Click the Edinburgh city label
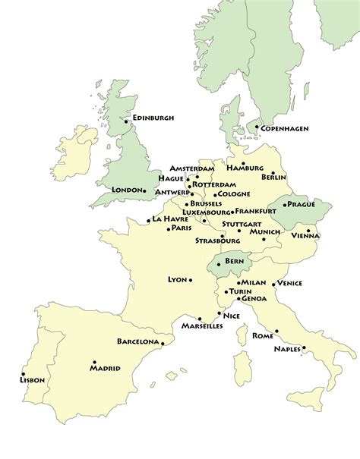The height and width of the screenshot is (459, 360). (x=153, y=118)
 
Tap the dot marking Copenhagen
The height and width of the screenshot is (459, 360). (x=257, y=127)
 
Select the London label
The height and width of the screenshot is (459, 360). (x=126, y=190)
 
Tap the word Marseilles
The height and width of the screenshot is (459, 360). (x=201, y=325)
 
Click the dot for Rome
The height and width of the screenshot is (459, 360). (x=276, y=331)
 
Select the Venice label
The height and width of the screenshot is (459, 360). (x=290, y=283)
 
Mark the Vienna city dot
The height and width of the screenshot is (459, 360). (x=308, y=229)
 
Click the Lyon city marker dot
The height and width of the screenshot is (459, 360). (x=191, y=279)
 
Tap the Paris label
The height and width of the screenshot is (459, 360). (x=181, y=228)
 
